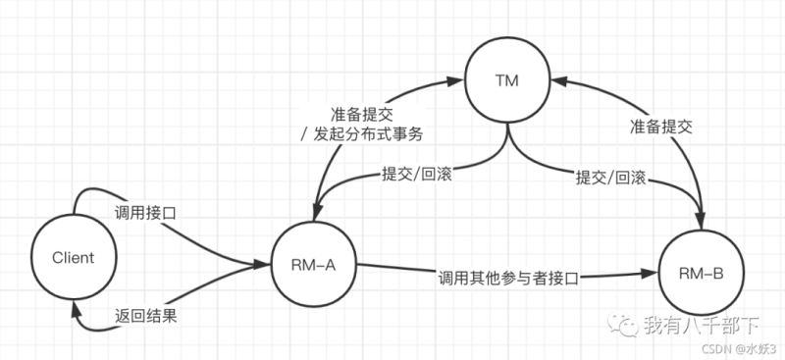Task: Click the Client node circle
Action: point(75,258)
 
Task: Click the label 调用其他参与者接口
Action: point(507,278)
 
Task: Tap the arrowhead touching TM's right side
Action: point(553,84)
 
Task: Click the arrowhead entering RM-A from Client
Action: point(265,264)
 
